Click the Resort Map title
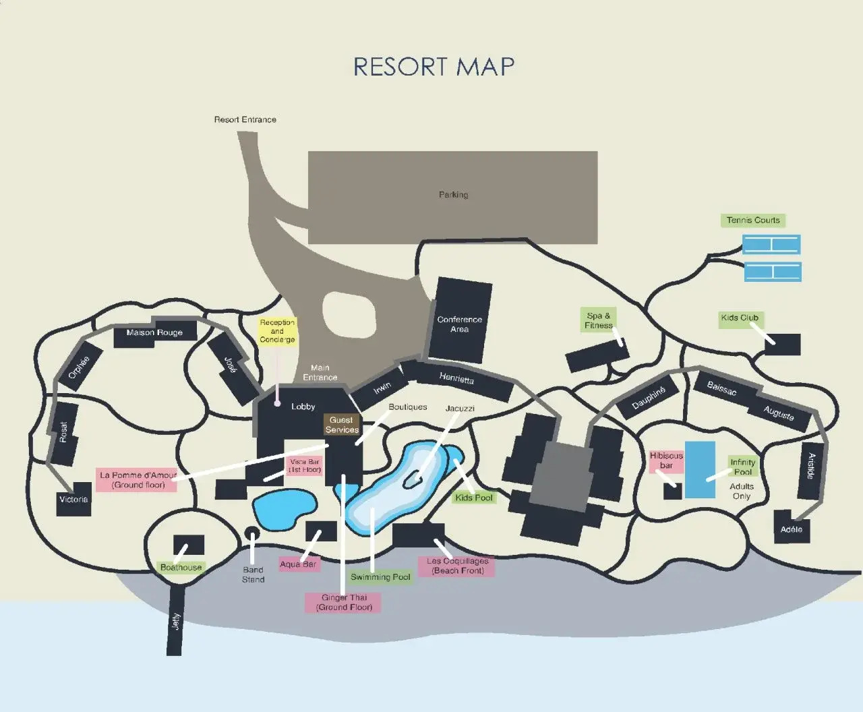pos(434,67)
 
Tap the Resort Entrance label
pos(245,119)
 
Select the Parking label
pos(453,195)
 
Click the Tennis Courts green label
pos(752,220)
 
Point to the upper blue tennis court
pos(771,244)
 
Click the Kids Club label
pos(740,318)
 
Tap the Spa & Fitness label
pos(598,320)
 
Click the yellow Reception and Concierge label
pos(277,331)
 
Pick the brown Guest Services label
pos(341,425)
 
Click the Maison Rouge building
pos(154,332)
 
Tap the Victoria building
pos(73,500)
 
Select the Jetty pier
pos(175,620)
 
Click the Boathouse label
pos(181,567)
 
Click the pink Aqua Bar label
pos(298,564)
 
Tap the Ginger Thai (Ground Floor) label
pos(344,602)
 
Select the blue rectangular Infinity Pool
pos(700,470)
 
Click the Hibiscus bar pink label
pos(666,461)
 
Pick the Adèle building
pos(792,529)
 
